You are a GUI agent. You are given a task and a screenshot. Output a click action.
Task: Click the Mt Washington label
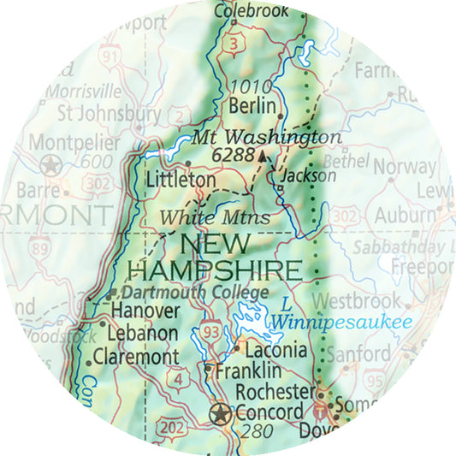[x=266, y=137]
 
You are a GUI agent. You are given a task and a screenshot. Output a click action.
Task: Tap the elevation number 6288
[x=232, y=156]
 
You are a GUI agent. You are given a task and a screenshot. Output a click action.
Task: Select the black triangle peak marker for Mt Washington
[x=262, y=156]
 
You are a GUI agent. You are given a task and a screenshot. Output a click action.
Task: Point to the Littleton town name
[x=181, y=181]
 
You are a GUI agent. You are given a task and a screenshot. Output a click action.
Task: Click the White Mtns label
[x=215, y=217]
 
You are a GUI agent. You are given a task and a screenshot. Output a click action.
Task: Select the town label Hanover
[x=145, y=311]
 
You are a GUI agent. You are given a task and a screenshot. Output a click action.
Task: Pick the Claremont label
[x=136, y=357]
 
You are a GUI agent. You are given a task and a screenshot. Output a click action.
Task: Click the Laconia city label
[x=275, y=350]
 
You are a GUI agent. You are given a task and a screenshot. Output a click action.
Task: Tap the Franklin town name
[x=248, y=371]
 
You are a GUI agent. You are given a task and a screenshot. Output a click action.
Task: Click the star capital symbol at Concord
[x=221, y=414]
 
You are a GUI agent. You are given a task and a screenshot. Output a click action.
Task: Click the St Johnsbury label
[x=108, y=113]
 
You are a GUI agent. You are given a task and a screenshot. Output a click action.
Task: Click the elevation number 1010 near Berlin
[x=252, y=86]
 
